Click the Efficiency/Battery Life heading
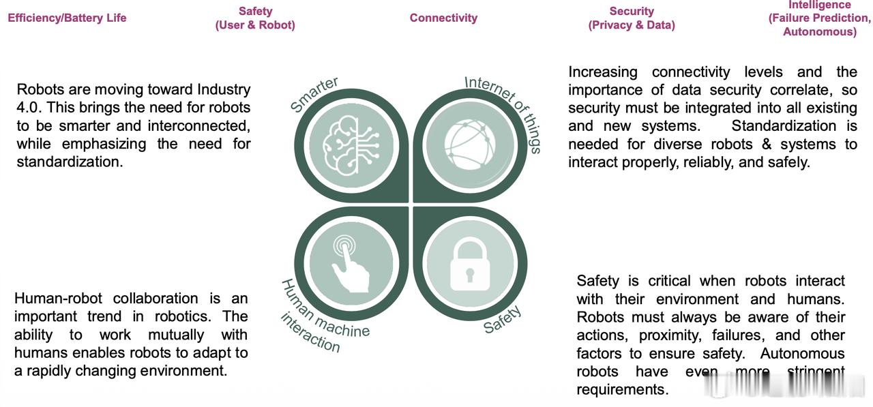(x=67, y=18)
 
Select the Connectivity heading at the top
(x=443, y=18)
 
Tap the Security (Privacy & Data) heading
(x=632, y=18)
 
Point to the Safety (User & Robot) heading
(x=255, y=18)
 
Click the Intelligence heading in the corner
(x=819, y=18)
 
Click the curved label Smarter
(x=314, y=95)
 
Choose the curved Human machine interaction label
(x=321, y=318)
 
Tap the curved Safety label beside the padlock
(x=503, y=319)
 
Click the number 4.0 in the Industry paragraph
(x=28, y=108)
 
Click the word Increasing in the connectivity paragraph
(x=602, y=72)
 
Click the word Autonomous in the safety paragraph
(x=802, y=354)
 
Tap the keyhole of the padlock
(x=470, y=275)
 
